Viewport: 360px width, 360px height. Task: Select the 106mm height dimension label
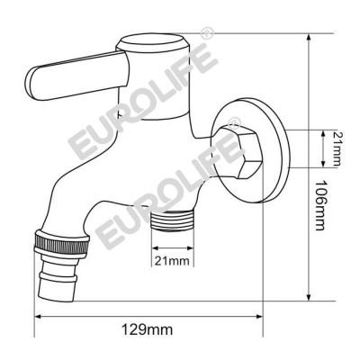click(x=320, y=191)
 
